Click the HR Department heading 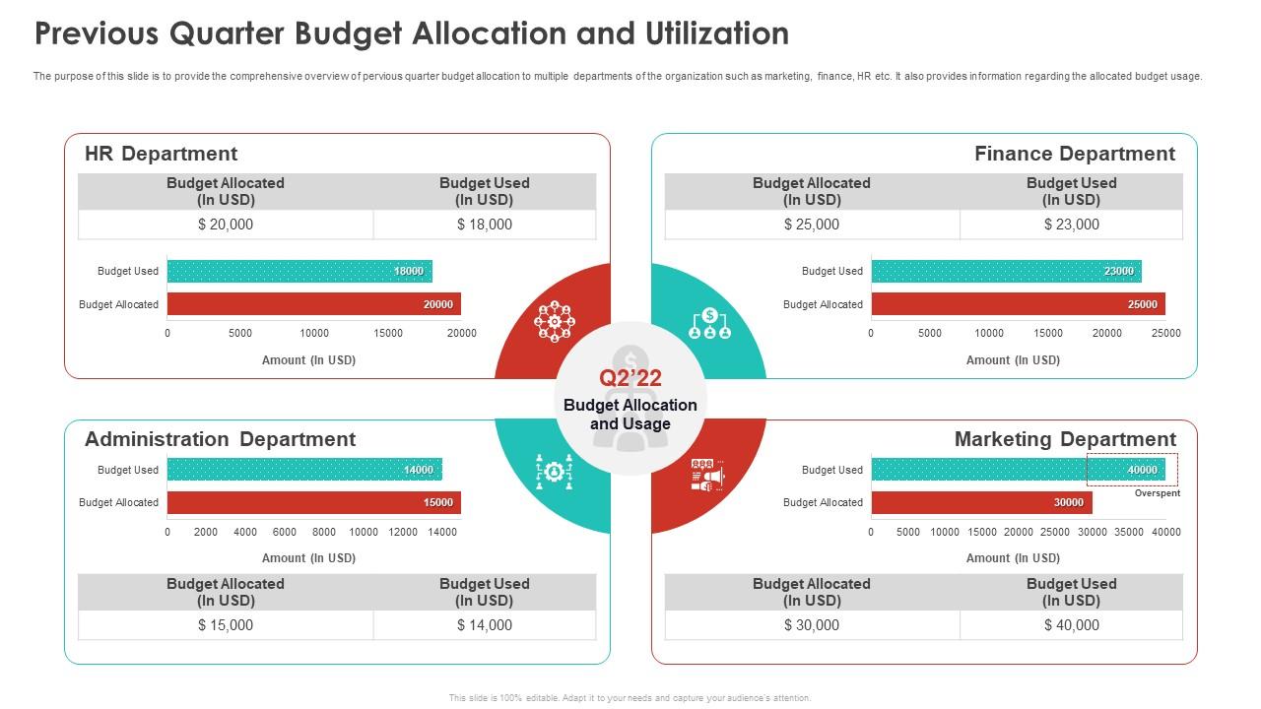tap(161, 154)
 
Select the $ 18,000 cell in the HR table tap(485, 225)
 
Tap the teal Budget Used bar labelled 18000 tap(299, 272)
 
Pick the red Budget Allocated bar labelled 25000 tap(1018, 304)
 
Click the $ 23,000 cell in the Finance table tap(1071, 225)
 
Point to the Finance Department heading tap(1074, 154)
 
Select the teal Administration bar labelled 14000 tap(304, 470)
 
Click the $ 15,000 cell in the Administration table tap(226, 625)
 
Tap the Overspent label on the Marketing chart tap(1157, 493)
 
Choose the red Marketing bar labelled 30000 tap(981, 502)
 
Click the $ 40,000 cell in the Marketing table tap(1071, 625)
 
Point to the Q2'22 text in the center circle tap(630, 378)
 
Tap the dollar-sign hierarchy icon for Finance tap(709, 323)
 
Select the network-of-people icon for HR tap(554, 321)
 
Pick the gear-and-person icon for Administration tap(554, 473)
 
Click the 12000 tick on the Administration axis tap(403, 533)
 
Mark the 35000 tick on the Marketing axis tap(1129, 533)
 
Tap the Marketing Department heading tap(1064, 439)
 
